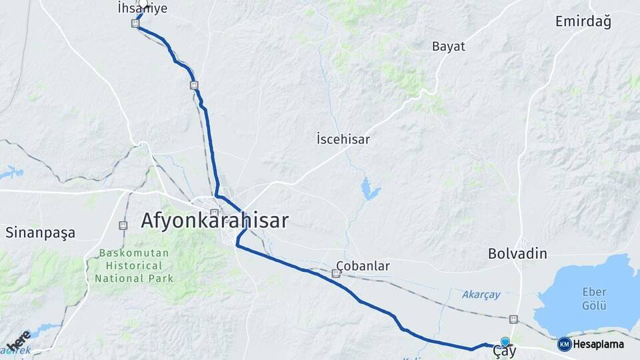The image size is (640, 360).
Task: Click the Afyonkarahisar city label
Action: (215, 221)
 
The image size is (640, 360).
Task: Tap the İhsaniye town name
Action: (142, 9)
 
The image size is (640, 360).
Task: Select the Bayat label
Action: (449, 47)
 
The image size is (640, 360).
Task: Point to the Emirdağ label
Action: (583, 22)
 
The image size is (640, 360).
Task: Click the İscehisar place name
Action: (343, 140)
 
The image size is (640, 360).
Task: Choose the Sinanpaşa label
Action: (40, 233)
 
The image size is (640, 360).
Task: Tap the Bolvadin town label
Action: (517, 254)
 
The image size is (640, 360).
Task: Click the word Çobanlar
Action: (363, 266)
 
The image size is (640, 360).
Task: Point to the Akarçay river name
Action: (481, 294)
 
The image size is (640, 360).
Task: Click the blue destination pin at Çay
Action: (505, 341)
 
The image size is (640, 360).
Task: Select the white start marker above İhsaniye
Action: (143, 3)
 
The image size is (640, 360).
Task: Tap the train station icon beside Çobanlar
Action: (336, 273)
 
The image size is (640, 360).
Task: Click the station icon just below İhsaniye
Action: (135, 23)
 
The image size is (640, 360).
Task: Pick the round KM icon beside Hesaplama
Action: (564, 344)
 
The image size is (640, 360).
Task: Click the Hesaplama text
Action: (598, 345)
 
